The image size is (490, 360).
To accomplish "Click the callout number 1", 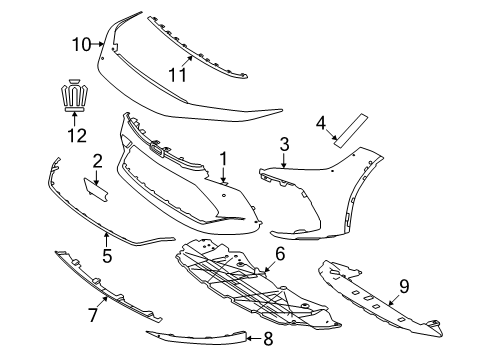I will (224, 157).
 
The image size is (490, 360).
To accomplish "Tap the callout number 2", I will (97, 160).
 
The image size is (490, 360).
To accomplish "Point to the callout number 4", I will (321, 123).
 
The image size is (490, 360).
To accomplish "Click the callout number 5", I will (107, 255).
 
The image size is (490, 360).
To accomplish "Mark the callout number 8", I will (267, 340).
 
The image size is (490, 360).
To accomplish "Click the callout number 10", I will (80, 43).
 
